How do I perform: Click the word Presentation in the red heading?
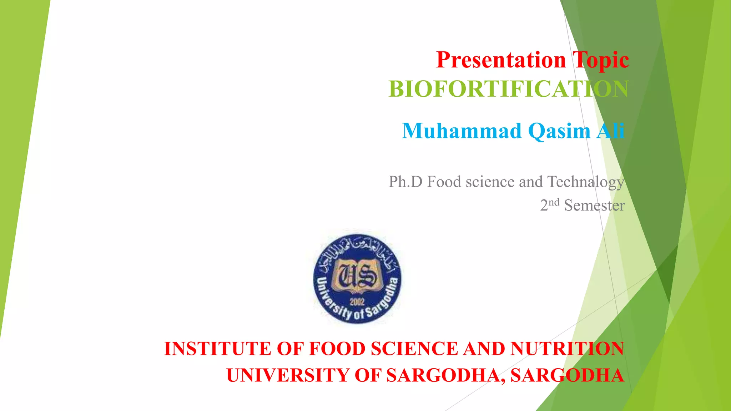click(x=501, y=60)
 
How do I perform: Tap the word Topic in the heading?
click(x=600, y=60)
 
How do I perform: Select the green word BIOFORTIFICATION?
click(x=508, y=89)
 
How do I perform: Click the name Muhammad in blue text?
click(x=462, y=131)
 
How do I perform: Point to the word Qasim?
click(x=559, y=131)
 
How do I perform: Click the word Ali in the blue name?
click(x=610, y=131)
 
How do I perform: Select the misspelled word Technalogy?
click(x=585, y=182)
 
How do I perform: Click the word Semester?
click(x=594, y=205)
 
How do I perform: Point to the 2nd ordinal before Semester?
click(x=549, y=205)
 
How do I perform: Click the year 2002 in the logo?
click(x=357, y=302)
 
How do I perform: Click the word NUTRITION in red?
click(x=567, y=349)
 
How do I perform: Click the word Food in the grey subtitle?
click(x=444, y=182)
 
